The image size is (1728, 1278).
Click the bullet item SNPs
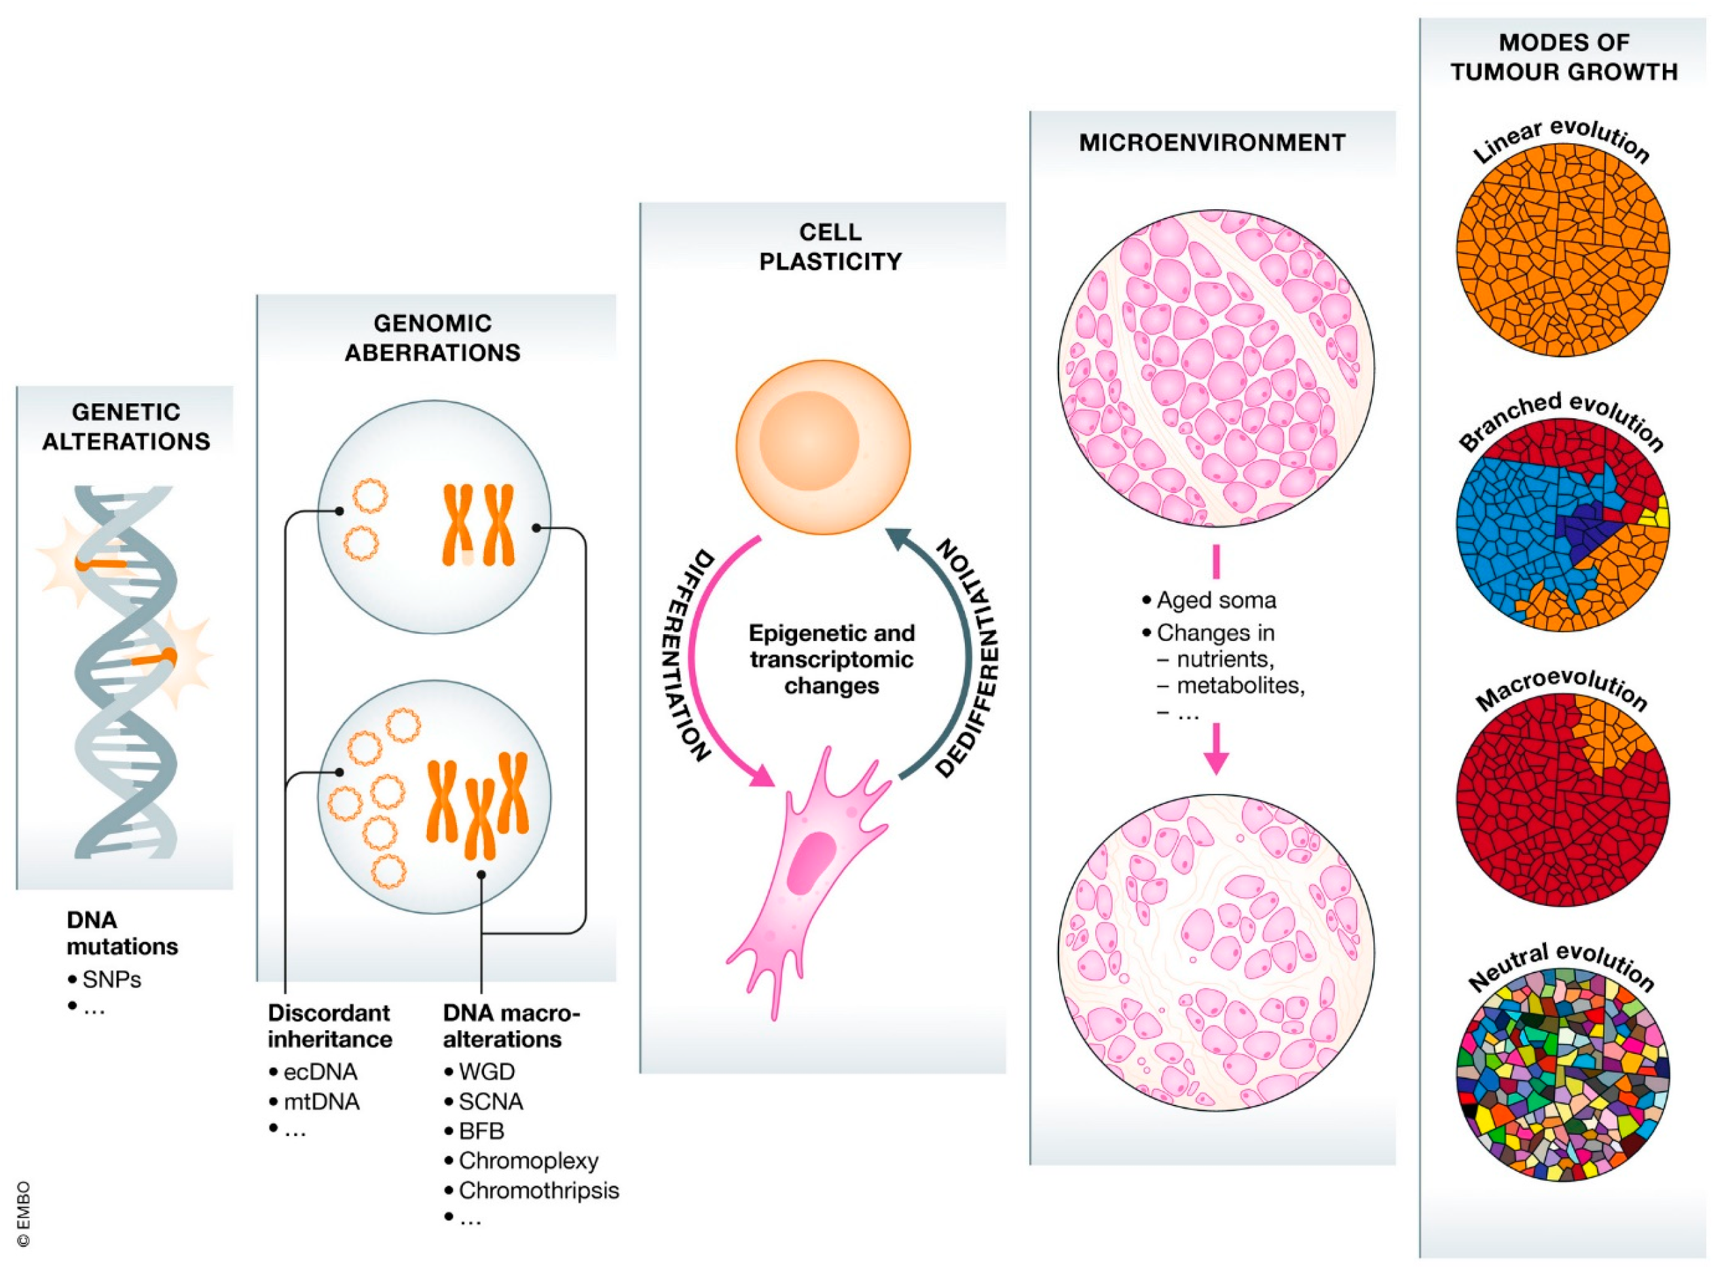(111, 979)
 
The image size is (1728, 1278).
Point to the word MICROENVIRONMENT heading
(1212, 143)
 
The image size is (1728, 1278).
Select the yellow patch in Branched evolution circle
(1661, 515)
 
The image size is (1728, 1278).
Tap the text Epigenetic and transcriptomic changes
(832, 659)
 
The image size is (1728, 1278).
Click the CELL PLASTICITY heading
(830, 247)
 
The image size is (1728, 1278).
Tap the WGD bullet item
(485, 1072)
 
